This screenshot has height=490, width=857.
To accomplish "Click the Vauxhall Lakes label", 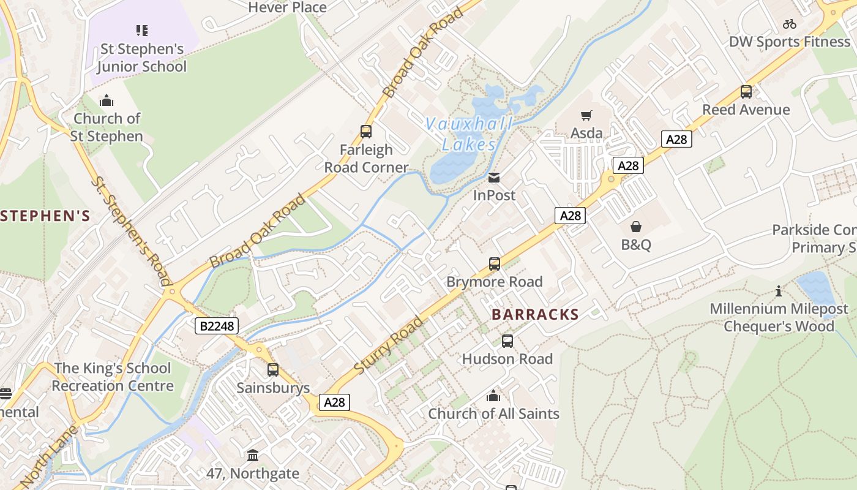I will click(x=468, y=134).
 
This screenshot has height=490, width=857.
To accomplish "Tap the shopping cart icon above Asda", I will click(x=586, y=115).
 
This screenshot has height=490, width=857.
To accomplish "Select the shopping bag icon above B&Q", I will click(x=636, y=227).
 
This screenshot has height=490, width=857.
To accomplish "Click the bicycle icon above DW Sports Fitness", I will click(x=790, y=24).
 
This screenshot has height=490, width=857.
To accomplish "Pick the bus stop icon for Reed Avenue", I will click(x=746, y=92).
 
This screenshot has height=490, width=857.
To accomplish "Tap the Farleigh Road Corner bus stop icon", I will click(x=366, y=132).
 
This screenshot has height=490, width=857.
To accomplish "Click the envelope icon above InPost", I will click(x=494, y=178).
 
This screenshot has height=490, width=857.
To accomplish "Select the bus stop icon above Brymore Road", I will click(x=494, y=264).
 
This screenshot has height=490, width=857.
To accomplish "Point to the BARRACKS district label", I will click(x=535, y=315).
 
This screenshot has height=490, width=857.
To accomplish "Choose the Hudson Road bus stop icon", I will click(x=507, y=341).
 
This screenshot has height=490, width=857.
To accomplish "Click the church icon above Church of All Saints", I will click(x=493, y=396).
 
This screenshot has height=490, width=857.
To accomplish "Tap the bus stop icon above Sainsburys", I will click(x=273, y=370).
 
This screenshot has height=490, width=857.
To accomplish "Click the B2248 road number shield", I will click(x=217, y=326).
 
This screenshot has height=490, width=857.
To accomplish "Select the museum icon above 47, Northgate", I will click(x=253, y=456).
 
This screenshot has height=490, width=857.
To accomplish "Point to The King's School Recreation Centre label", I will click(x=112, y=377).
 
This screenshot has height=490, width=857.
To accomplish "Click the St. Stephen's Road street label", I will click(x=130, y=232).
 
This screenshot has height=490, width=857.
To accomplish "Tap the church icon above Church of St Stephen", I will click(x=107, y=100).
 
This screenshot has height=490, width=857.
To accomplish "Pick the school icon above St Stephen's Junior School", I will click(x=141, y=31).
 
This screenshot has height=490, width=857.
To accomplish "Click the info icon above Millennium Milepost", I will click(x=779, y=291).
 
